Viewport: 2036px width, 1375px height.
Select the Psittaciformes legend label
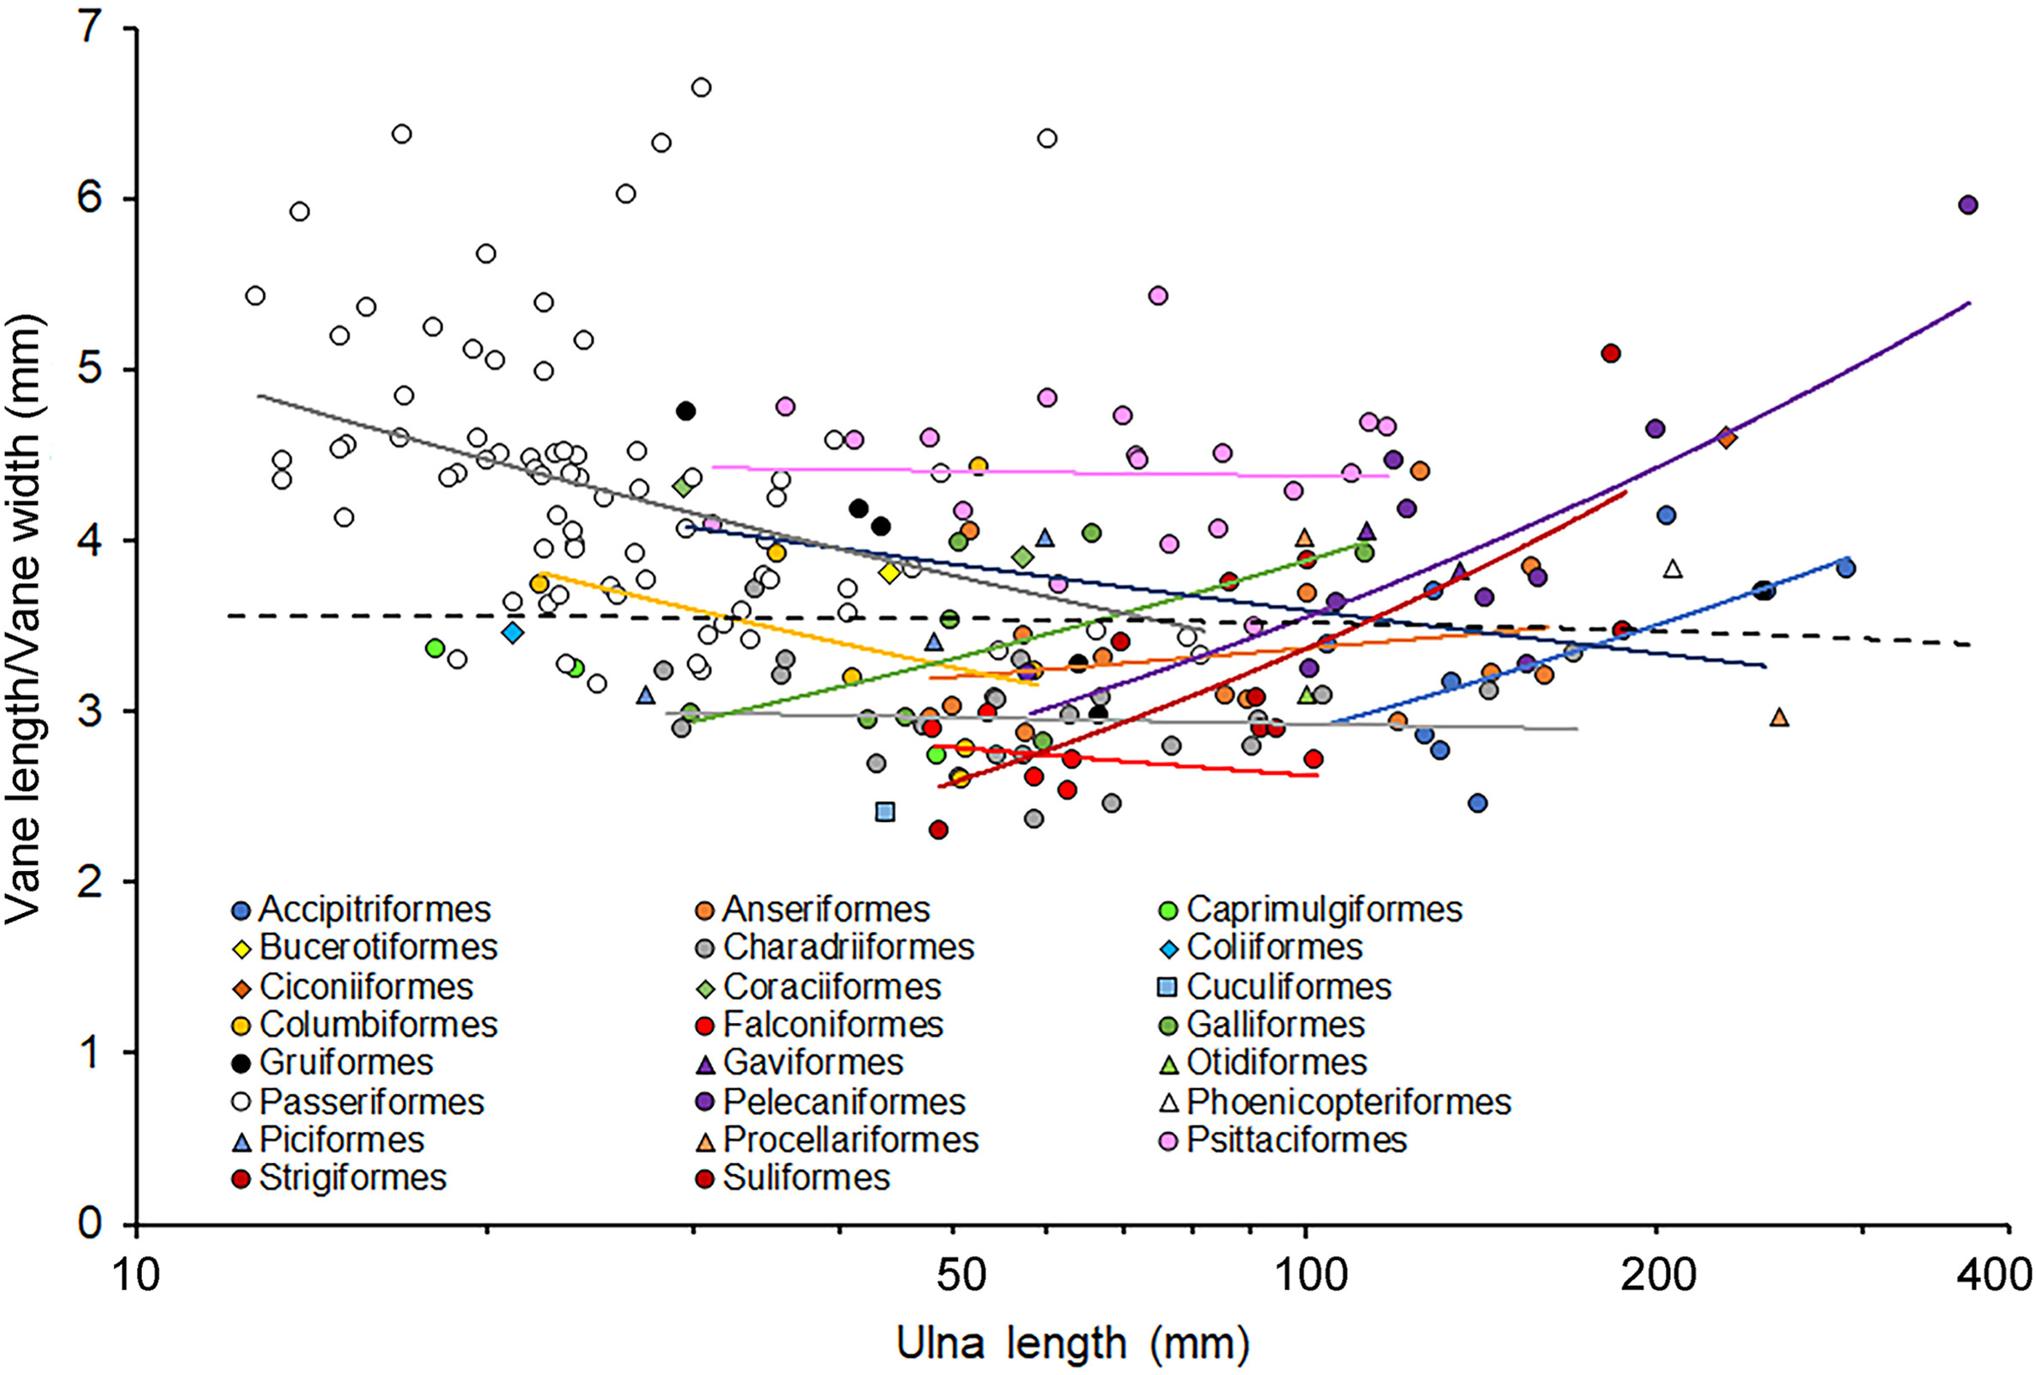click(1295, 1141)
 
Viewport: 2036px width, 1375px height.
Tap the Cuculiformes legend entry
click(1288, 987)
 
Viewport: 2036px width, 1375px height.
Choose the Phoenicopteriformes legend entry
click(1348, 1102)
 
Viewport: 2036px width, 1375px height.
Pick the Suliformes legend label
click(806, 1178)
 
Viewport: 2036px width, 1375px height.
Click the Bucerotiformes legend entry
click(379, 947)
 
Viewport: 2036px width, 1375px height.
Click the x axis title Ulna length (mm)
click(1072, 1342)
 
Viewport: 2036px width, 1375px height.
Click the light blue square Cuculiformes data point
click(885, 812)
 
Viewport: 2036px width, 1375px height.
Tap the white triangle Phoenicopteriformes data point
click(1673, 569)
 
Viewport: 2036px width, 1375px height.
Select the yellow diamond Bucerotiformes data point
click(889, 573)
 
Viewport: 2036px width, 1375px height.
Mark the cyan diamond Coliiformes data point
click(513, 632)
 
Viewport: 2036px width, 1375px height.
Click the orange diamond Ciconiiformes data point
click(1727, 437)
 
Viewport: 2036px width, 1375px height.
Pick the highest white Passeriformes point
click(701, 88)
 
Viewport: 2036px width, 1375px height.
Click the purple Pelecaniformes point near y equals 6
click(1968, 205)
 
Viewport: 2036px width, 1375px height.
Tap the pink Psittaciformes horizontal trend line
click(1052, 472)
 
